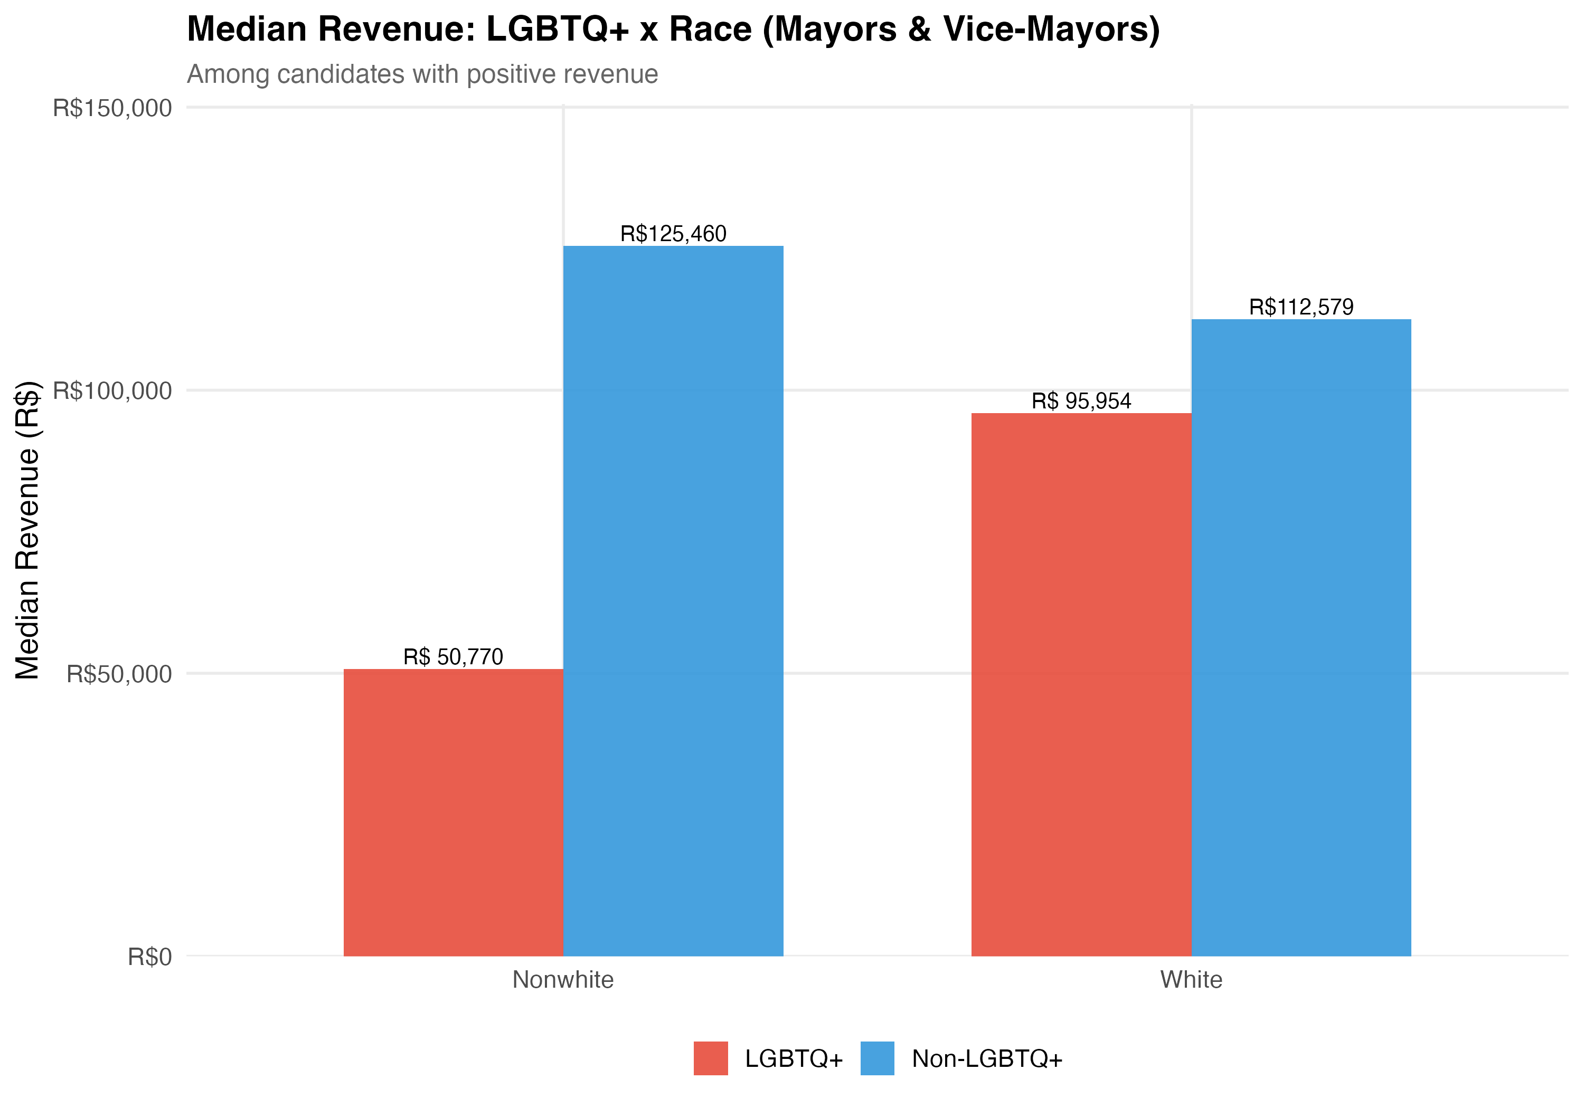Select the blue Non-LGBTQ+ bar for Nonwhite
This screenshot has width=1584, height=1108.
673,600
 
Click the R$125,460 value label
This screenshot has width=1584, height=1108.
673,234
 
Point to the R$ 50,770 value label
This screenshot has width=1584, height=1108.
453,657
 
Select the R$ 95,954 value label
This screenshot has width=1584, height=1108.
1081,402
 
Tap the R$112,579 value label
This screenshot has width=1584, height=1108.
1301,308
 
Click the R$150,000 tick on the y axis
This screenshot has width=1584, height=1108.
112,108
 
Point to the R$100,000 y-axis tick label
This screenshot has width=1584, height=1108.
112,391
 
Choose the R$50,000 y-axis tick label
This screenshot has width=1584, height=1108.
119,674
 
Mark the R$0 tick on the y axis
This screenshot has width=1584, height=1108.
150,957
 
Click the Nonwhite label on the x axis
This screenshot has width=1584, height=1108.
563,980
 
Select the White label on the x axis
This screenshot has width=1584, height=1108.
1192,980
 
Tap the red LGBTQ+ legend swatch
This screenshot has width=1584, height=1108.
711,1058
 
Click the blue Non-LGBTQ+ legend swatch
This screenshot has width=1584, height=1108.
878,1058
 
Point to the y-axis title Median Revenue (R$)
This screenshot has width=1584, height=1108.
27,531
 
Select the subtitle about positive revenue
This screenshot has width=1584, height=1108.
422,74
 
